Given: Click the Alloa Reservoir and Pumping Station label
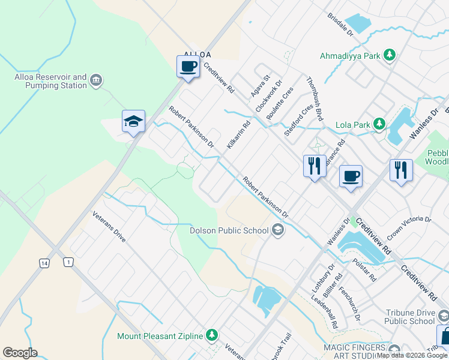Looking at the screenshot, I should pos(50,81).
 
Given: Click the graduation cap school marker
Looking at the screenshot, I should pos(133,121).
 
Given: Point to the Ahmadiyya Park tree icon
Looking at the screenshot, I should pos(390,55).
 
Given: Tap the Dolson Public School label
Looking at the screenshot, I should pos(229,230).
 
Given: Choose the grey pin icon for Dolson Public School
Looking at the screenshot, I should pos(277,229).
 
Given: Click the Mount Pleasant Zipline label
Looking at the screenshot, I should pos(160,335).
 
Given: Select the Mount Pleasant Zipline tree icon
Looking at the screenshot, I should pos(211,335).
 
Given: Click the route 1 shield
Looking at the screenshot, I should pos(69,262).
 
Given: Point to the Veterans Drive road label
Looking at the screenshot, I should pos(109,226).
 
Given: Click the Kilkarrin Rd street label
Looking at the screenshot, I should pos(238,136).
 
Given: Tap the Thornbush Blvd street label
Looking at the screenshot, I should pos(315,98).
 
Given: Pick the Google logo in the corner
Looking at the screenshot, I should pos(20,353).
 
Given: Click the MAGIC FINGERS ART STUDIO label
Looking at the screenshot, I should pos(355,352).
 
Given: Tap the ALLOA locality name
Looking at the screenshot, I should pos(197,54).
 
